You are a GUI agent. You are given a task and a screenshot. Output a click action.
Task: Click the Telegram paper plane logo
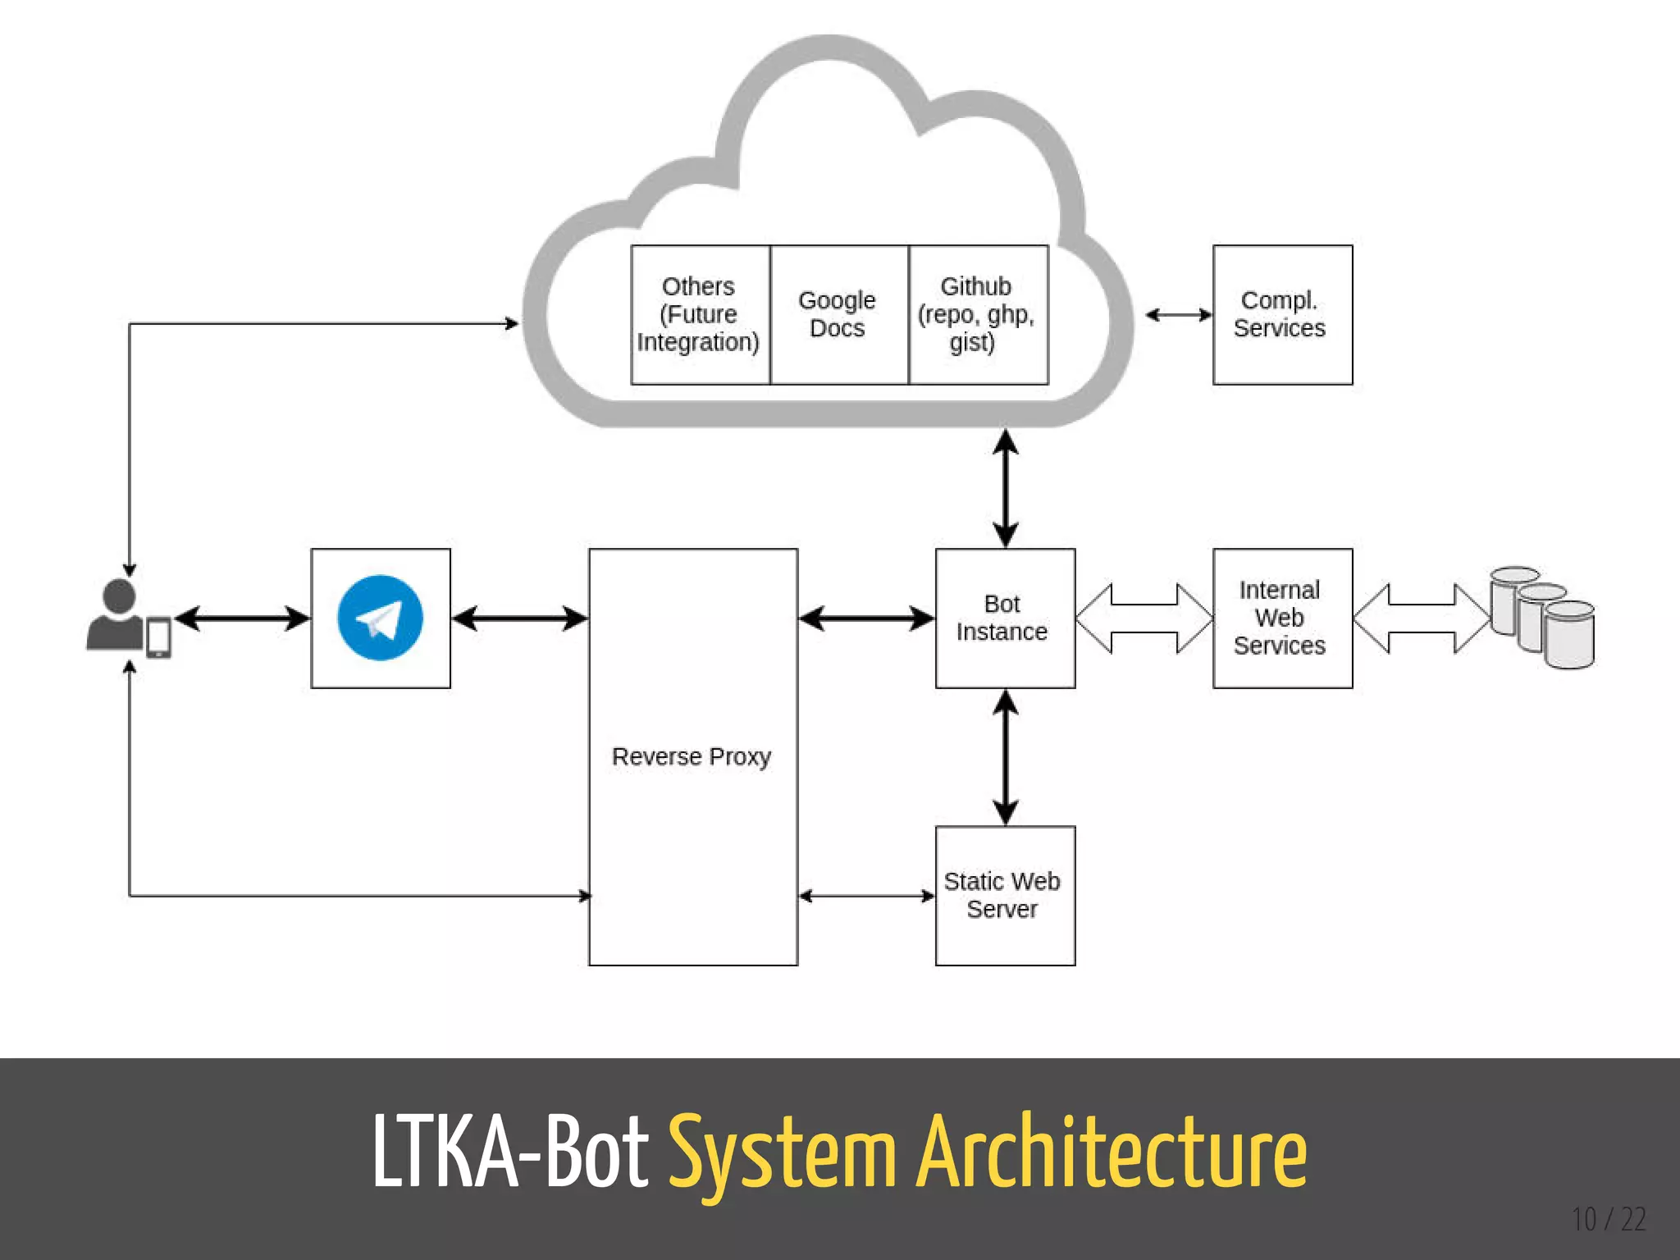380,618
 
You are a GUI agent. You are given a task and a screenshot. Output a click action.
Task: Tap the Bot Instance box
1005,618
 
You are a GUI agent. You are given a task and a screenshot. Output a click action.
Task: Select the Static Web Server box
1005,895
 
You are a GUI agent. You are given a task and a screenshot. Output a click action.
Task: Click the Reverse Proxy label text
692,756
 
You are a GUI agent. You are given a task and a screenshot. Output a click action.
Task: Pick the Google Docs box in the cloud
838,314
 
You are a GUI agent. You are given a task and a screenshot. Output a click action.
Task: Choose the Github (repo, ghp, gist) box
978,314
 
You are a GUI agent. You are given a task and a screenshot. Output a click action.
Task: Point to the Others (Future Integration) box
700,314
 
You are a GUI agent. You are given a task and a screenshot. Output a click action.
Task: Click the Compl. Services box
1281,314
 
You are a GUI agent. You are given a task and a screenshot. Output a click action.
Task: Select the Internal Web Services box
1281,618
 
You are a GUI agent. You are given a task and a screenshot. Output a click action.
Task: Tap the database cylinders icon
1542,618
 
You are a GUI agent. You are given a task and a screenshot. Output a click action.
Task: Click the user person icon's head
120,595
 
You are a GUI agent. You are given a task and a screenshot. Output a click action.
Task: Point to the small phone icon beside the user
158,637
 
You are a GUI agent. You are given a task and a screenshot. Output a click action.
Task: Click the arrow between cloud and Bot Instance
1005,487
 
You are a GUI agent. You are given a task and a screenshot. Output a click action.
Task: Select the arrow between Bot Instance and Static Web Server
1005,756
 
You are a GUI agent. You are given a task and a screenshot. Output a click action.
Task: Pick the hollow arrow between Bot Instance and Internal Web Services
1144,618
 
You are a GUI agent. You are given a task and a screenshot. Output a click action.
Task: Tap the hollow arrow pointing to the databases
1421,618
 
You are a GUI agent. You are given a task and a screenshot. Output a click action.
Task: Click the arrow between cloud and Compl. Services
1179,314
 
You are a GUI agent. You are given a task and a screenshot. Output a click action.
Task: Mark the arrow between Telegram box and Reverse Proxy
519,618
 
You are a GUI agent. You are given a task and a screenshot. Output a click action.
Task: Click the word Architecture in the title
1112,1153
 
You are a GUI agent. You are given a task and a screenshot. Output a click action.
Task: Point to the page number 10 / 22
1609,1220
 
